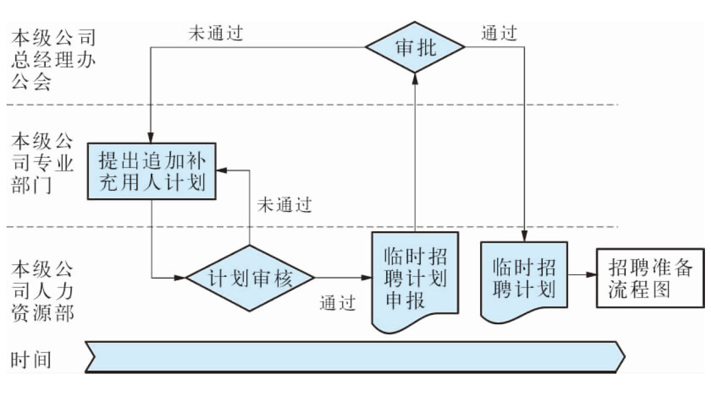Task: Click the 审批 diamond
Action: tap(415, 48)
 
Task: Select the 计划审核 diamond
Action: tap(250, 278)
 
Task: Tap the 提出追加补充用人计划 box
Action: tap(151, 171)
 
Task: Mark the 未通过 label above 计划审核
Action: tap(284, 205)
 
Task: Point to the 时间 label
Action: tap(31, 359)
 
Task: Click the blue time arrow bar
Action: tap(355, 356)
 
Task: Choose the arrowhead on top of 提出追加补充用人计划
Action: tap(150, 138)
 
